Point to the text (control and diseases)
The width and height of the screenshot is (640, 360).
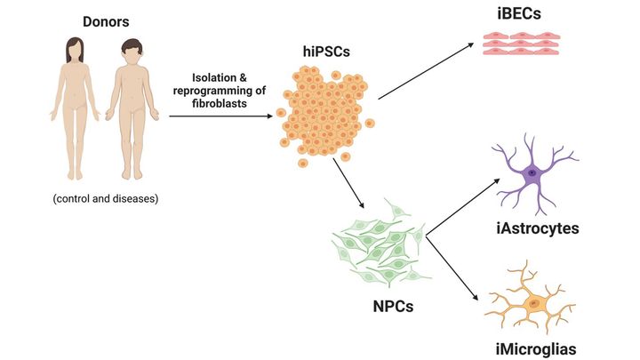(105, 198)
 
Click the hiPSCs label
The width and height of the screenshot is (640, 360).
(324, 52)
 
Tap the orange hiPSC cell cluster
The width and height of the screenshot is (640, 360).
(324, 116)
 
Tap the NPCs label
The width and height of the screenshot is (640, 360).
(387, 308)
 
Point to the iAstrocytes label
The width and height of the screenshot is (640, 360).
(538, 228)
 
